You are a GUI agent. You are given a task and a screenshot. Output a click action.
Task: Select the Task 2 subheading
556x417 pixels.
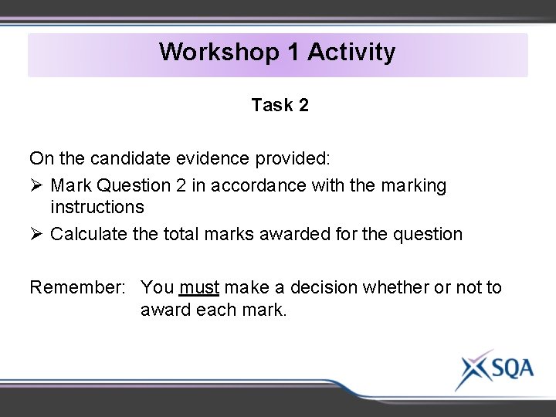click(280, 106)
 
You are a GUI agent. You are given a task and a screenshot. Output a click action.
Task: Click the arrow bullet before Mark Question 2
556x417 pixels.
click(36, 185)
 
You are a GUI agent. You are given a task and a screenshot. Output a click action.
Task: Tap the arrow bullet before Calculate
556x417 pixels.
click(36, 234)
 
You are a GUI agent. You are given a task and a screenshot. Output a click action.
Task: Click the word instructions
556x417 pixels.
click(97, 207)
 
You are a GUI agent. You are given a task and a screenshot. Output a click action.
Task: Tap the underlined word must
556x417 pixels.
click(199, 287)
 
